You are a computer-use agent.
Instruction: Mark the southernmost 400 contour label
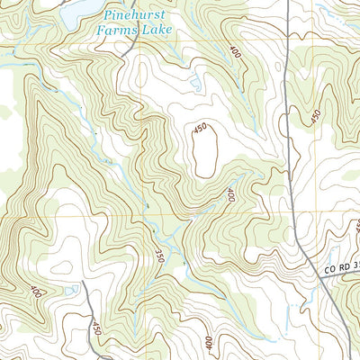point(209,343)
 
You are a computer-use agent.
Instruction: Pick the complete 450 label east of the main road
point(315,117)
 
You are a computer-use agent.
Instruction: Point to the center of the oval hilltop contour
point(203,149)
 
